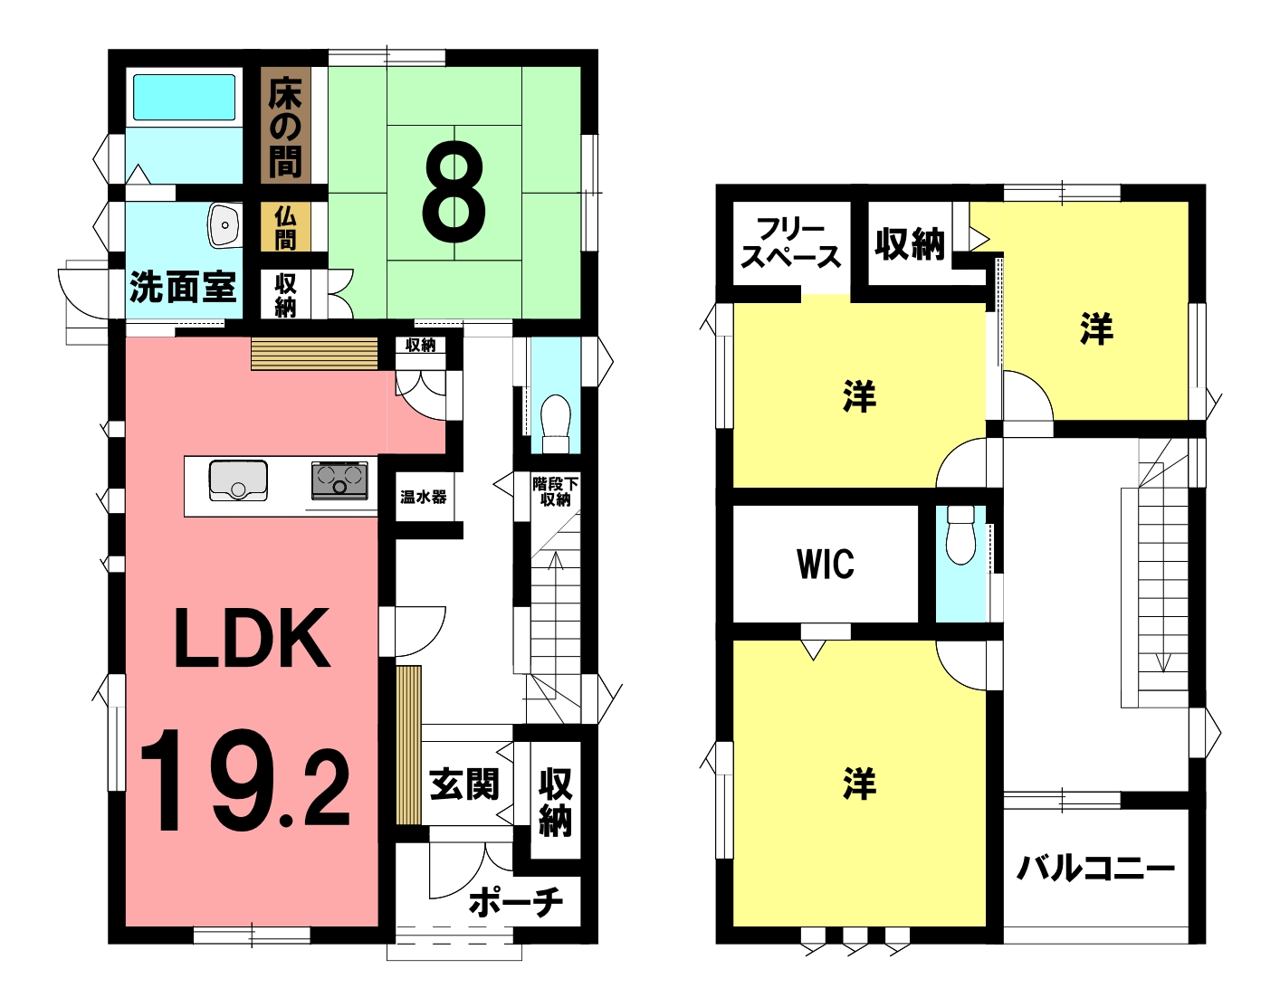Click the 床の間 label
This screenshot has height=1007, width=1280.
coord(285,129)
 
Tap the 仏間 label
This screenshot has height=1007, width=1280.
coord(285,228)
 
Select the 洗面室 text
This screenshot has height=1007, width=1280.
coord(183,287)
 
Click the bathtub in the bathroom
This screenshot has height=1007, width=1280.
coord(184,98)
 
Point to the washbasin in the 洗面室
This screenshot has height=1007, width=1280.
coord(224,225)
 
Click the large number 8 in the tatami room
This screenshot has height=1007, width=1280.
coord(454,192)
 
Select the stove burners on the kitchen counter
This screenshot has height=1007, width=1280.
coord(339,480)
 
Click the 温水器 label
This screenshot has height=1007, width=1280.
coord(424,497)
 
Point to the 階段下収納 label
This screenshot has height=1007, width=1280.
coord(555,491)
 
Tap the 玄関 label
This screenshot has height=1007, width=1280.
coord(464,784)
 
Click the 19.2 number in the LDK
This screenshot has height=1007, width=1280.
coord(245,781)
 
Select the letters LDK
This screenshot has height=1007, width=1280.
coord(252,639)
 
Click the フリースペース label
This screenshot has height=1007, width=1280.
coord(790,243)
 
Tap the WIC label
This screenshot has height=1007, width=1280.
coord(825,565)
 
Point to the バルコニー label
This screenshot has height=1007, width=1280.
coord(1095,869)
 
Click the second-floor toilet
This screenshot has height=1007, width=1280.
coord(960,535)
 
